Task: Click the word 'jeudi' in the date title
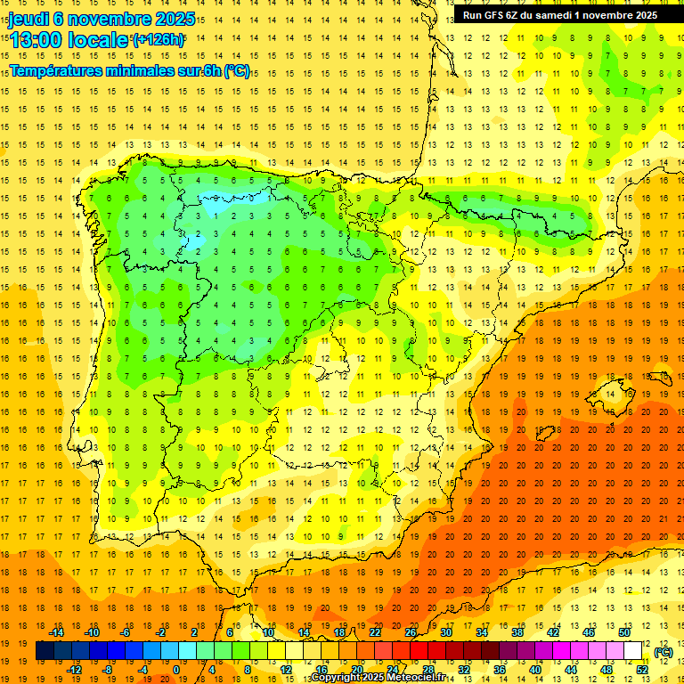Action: (x=28, y=19)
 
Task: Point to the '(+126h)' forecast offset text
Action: (x=159, y=39)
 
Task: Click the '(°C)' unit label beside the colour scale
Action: (x=663, y=652)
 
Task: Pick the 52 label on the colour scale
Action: (x=642, y=670)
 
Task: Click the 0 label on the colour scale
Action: (x=176, y=670)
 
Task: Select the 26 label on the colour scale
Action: (x=411, y=632)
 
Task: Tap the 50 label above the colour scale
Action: (x=624, y=632)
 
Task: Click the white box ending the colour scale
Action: (x=633, y=651)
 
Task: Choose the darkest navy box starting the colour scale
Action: (x=45, y=651)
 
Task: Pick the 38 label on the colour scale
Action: (x=517, y=632)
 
